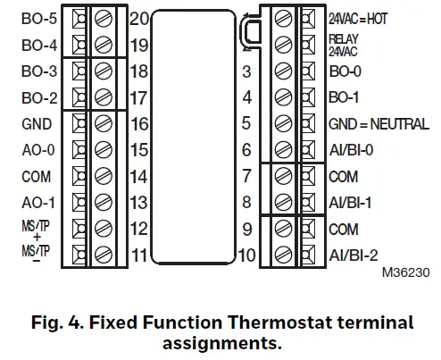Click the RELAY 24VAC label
(345, 43)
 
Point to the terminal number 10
(246, 255)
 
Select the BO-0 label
(345, 70)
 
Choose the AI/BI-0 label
(352, 150)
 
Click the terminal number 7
(247, 177)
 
